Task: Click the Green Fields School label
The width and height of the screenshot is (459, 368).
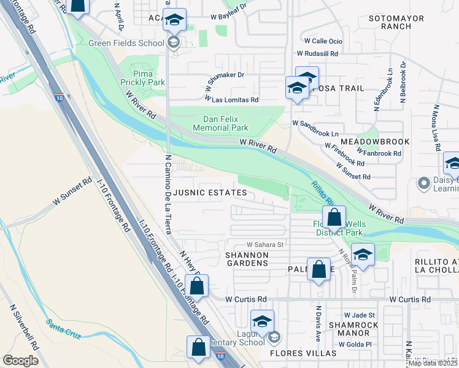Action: coord(126,43)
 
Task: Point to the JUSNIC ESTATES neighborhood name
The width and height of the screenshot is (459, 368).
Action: coord(210,193)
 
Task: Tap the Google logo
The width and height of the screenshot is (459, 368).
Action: coord(21,361)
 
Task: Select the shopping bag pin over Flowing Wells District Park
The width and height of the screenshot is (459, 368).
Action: coord(334,217)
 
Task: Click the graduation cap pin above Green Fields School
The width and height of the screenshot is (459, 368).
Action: coord(175,21)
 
